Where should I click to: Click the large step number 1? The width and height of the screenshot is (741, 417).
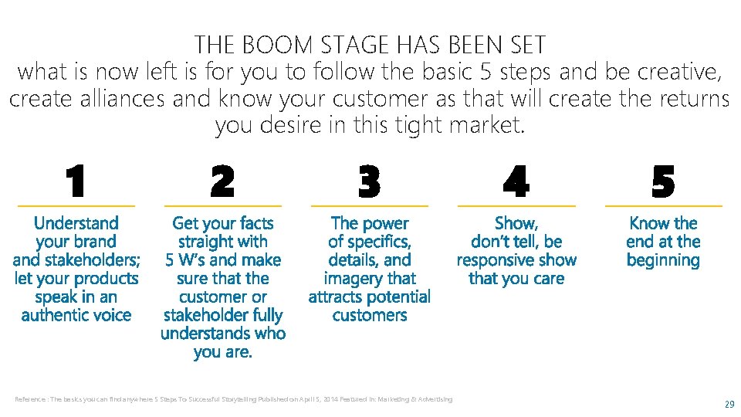[75, 182]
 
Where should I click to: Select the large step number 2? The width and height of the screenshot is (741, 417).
[222, 182]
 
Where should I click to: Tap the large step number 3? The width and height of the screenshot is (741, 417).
[369, 182]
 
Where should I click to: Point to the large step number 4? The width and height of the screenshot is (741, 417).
[516, 182]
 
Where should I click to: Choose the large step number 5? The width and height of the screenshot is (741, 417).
[662, 182]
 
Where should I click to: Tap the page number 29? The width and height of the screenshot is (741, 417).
[729, 404]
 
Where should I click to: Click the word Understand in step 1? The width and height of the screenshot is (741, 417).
[76, 223]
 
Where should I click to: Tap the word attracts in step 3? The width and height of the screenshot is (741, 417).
[340, 297]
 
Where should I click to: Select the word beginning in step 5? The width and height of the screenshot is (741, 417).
[663, 260]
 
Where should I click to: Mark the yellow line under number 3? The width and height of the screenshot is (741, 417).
[369, 206]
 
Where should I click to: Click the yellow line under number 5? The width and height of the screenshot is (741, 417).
[663, 206]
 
